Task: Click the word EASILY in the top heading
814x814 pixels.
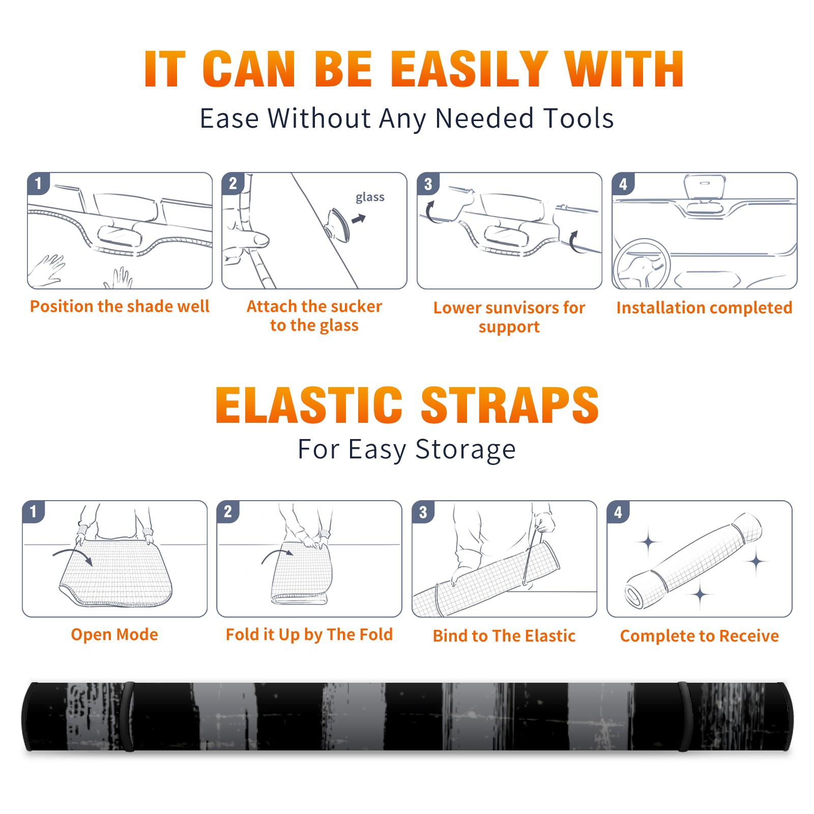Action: (x=469, y=69)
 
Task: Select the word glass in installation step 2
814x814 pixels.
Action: (x=370, y=197)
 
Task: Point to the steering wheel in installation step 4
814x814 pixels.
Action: (x=642, y=265)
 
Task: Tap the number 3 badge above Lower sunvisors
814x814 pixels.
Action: (x=428, y=184)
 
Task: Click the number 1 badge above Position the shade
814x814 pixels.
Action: (x=39, y=183)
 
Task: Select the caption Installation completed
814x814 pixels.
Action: (x=704, y=308)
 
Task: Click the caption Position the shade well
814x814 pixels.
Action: (x=120, y=306)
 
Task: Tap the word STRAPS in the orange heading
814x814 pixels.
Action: (x=510, y=405)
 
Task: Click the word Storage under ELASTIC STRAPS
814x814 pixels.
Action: (x=466, y=450)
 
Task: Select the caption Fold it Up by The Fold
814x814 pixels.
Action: (x=309, y=635)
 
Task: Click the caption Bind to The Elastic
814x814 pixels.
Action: (x=504, y=636)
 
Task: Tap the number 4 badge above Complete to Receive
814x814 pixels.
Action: (x=618, y=512)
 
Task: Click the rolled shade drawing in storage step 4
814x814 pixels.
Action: (x=693, y=561)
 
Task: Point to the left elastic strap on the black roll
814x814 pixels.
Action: (x=128, y=716)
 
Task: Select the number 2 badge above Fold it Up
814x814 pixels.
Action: (x=228, y=512)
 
